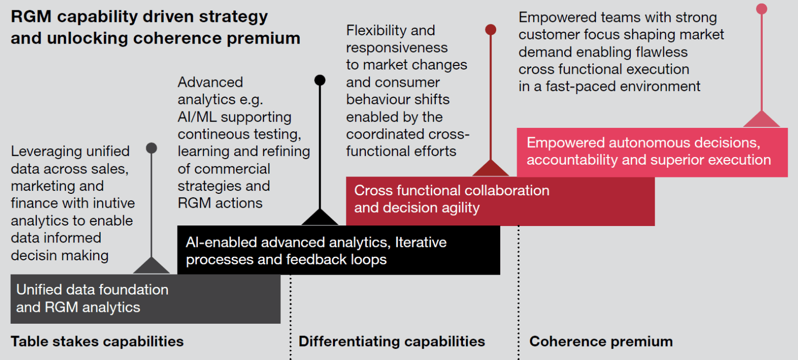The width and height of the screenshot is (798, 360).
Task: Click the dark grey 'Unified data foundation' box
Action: pyautogui.click(x=145, y=299)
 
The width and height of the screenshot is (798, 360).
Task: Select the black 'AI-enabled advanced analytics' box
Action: pyautogui.click(x=339, y=250)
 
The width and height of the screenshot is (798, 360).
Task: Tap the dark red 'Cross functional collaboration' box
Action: pyautogui.click(x=500, y=201)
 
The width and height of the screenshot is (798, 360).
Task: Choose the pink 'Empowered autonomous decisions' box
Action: pyautogui.click(x=652, y=152)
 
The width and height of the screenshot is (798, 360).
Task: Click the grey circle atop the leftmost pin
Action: pyautogui.click(x=151, y=148)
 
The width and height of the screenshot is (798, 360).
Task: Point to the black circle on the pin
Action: pyautogui.click(x=320, y=80)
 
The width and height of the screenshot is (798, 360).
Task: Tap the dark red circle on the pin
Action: pyautogui.click(x=491, y=30)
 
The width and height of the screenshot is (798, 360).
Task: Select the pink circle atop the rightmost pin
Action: pyautogui.click(x=762, y=9)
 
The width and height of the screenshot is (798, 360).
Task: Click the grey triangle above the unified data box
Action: pyautogui.click(x=151, y=267)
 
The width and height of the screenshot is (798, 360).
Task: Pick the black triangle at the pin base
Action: pyautogui.click(x=320, y=218)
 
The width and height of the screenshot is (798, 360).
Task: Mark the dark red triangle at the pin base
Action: pyautogui.click(x=491, y=169)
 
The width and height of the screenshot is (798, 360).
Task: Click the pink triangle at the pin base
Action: pyautogui.click(x=762, y=120)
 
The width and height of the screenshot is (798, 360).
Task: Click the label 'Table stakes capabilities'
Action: pyautogui.click(x=97, y=342)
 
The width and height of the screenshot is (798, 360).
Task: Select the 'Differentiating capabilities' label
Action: pyautogui.click(x=392, y=342)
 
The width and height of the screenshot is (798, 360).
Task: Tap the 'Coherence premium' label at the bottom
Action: pyautogui.click(x=601, y=342)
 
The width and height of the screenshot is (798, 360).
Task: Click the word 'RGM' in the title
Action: pyautogui.click(x=31, y=16)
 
